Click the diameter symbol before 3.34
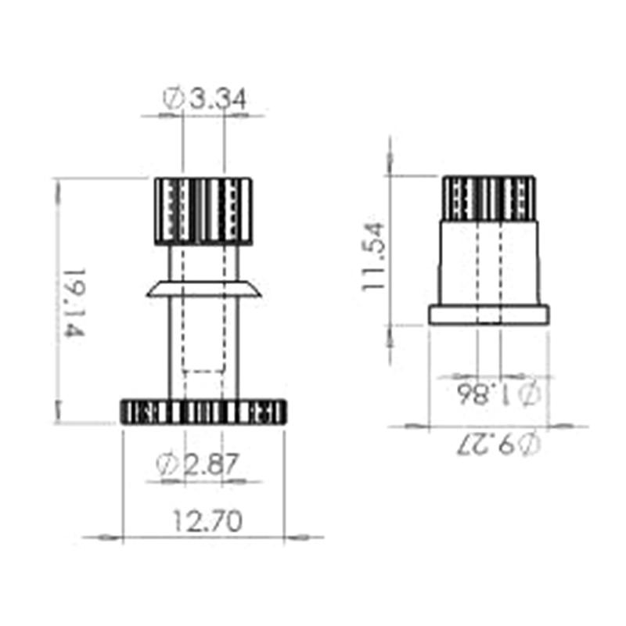pyautogui.click(x=173, y=99)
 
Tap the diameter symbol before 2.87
pyautogui.click(x=166, y=466)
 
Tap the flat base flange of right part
pyautogui.click(x=489, y=315)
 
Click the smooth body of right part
pyautogui.click(x=489, y=262)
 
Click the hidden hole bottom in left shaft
pyautogui.click(x=203, y=370)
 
